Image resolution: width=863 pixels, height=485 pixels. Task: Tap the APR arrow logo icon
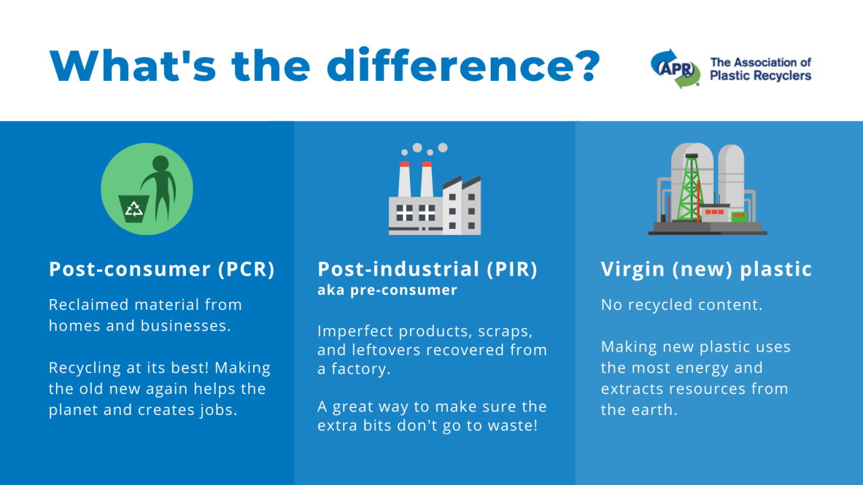[x=676, y=69]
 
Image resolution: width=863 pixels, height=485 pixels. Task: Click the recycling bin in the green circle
[x=133, y=208]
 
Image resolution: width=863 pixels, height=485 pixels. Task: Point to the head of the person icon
[x=160, y=163]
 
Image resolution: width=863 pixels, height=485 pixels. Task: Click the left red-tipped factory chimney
[x=404, y=179]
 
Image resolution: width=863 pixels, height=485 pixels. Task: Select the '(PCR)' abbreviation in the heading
[x=247, y=269]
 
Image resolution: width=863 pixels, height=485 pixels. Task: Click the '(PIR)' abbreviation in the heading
[x=512, y=269]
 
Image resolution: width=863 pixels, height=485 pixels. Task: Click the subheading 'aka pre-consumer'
[x=387, y=290]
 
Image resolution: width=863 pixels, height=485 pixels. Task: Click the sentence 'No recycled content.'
[x=682, y=305]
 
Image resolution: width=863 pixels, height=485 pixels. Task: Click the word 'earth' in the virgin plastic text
[x=651, y=410]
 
